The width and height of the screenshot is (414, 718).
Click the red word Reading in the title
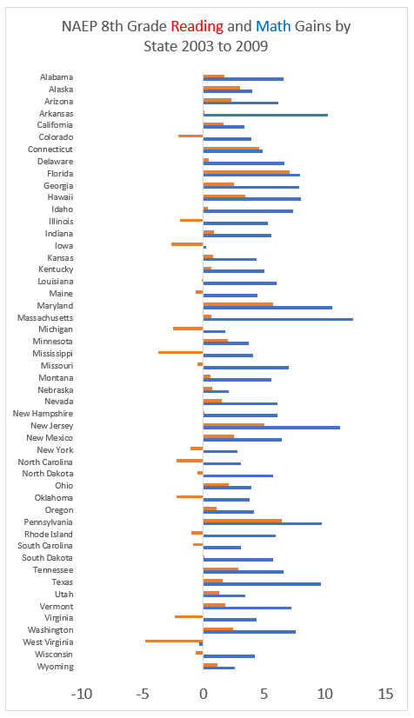(x=197, y=27)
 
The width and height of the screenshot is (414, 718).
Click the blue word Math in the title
(x=273, y=26)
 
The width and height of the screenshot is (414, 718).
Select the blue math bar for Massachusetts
(x=278, y=319)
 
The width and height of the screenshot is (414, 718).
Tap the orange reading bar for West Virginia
(x=174, y=641)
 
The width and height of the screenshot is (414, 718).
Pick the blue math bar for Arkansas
(x=265, y=115)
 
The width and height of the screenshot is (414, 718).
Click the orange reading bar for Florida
(x=246, y=172)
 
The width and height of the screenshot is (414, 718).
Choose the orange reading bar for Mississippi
(x=180, y=352)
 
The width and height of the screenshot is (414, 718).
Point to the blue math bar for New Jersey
(x=271, y=428)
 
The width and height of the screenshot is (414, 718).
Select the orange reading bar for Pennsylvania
(x=243, y=520)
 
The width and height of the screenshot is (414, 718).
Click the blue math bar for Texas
(x=262, y=584)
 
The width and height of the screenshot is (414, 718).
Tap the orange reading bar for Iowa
(x=187, y=244)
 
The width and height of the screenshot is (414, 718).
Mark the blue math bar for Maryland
(x=268, y=308)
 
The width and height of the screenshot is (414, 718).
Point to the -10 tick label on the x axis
(x=82, y=695)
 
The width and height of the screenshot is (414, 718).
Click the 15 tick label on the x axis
(x=385, y=695)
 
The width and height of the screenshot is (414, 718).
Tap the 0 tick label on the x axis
(x=204, y=695)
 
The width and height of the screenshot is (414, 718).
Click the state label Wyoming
(x=55, y=667)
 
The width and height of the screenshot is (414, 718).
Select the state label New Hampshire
(x=43, y=414)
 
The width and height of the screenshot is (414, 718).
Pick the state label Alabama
(x=57, y=76)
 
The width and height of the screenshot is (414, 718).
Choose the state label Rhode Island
(x=49, y=535)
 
